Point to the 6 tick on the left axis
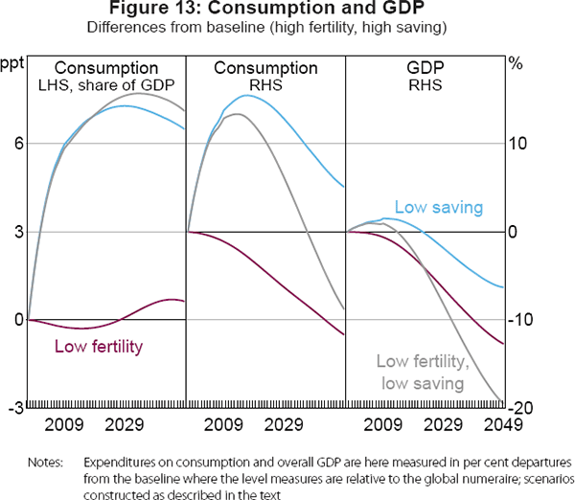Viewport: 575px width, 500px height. click(x=17, y=144)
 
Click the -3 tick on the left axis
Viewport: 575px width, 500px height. click(x=13, y=407)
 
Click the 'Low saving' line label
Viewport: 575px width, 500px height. click(x=438, y=207)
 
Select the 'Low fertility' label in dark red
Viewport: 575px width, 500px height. click(x=99, y=347)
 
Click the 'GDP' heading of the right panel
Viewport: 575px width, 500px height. click(x=425, y=68)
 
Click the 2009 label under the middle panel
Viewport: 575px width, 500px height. click(x=222, y=424)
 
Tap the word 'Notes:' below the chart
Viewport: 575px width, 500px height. click(x=45, y=462)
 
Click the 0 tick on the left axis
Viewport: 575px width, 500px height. click(x=17, y=320)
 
